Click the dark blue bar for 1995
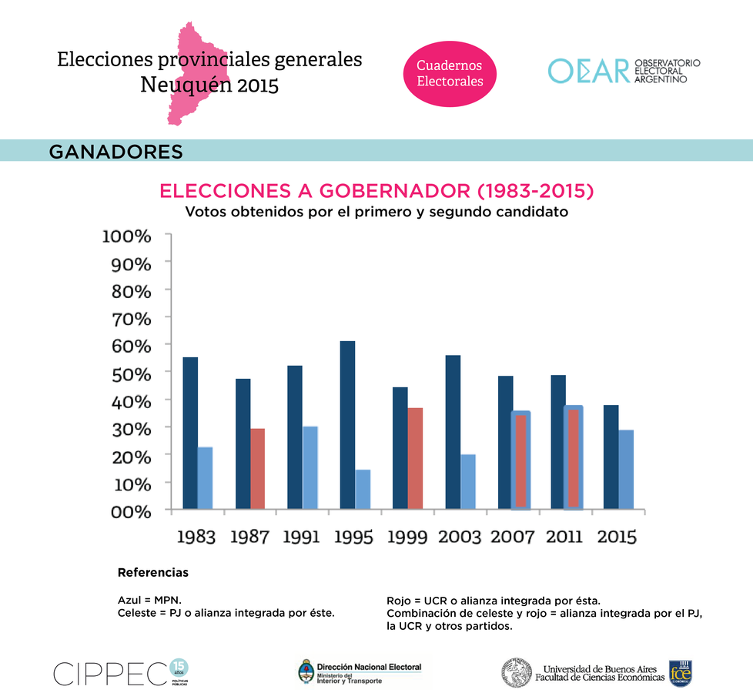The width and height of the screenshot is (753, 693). click(347, 424)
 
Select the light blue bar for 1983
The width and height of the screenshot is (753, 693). click(205, 477)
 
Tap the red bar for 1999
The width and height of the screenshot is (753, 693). click(415, 457)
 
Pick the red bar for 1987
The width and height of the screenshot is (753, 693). click(257, 468)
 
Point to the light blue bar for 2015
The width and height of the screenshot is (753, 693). click(626, 469)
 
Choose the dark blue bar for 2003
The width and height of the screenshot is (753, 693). click(453, 431)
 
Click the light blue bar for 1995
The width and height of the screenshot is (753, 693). click(363, 489)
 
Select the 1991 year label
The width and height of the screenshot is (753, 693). click(301, 537)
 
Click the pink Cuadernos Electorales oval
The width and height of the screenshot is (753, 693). click(450, 74)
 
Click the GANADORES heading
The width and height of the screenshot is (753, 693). click(115, 151)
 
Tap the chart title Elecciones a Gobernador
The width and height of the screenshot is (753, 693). click(376, 191)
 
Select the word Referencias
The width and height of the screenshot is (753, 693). click(152, 573)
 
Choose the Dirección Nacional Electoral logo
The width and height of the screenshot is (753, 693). click(360, 672)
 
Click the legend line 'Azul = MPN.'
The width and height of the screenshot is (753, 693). click(149, 599)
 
